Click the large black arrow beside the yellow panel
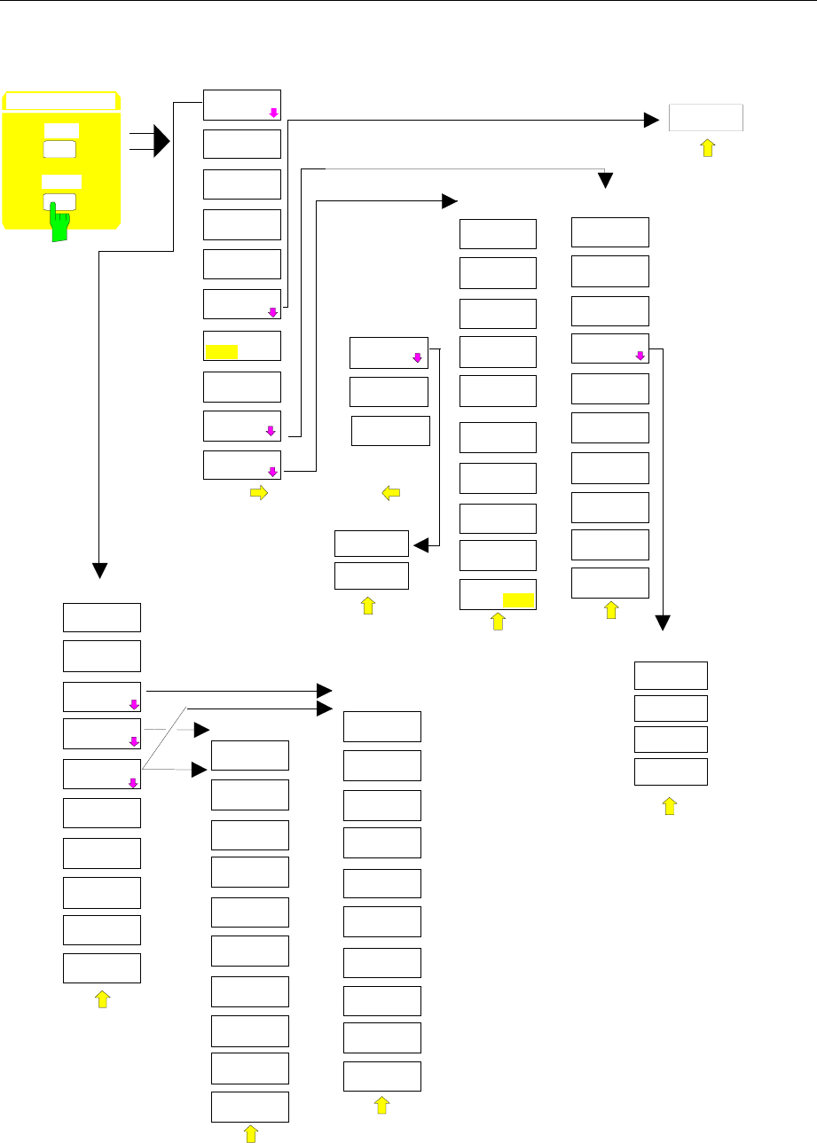tap(161, 141)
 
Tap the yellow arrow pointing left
tap(390, 494)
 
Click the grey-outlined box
tap(705, 117)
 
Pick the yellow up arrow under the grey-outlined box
tap(707, 147)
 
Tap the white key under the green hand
tap(59, 200)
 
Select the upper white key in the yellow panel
tap(59, 148)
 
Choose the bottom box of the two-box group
tap(371, 575)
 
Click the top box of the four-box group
tap(671, 676)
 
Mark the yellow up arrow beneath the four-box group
tap(670, 805)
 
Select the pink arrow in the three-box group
tap(416, 358)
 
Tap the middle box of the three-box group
tap(389, 391)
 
